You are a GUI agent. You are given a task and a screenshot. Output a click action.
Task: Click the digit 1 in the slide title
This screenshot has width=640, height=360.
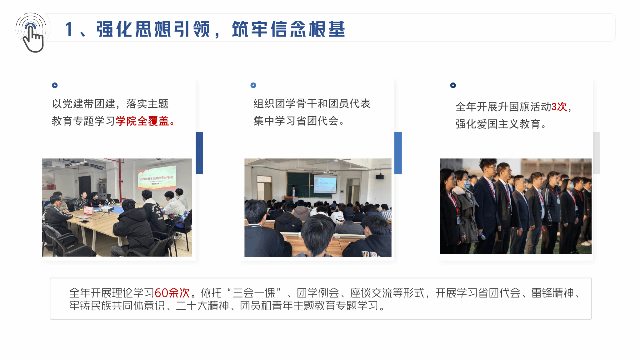[69, 30]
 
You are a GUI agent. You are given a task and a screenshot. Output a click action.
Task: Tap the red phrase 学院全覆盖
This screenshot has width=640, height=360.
[142, 121]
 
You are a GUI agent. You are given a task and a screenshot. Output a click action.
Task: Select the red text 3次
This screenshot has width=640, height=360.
[559, 107]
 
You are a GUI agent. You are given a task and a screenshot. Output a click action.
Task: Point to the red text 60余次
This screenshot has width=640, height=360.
[172, 293]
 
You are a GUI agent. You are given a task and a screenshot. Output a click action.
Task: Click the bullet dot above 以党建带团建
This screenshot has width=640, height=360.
[55, 85]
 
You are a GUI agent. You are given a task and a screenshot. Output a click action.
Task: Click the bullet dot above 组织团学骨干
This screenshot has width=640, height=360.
[253, 85]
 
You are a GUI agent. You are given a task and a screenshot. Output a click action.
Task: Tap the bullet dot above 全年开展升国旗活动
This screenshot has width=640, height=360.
[453, 85]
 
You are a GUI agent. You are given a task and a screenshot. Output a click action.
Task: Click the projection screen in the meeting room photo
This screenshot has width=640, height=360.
[157, 178]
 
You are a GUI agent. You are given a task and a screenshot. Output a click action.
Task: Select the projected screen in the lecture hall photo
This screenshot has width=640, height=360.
[325, 184]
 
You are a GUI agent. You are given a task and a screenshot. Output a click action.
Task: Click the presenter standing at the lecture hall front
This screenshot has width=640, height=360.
[293, 191]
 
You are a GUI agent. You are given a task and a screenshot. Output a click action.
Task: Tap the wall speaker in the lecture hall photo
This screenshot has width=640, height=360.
[380, 177]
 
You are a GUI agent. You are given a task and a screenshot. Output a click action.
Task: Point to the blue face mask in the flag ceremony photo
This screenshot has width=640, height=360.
[466, 184]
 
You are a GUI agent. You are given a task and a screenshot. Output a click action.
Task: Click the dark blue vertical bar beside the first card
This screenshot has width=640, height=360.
[199, 153]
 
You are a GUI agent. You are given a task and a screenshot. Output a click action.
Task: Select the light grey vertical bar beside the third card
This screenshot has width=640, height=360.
[597, 153]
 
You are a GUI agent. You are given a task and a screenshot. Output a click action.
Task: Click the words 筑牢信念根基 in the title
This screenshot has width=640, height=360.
[288, 30]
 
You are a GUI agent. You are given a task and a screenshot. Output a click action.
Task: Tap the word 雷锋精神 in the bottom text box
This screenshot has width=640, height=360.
[553, 293]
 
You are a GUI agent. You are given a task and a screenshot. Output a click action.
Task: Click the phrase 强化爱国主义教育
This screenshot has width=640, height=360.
[498, 124]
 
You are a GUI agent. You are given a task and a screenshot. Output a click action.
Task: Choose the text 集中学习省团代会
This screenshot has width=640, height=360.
[296, 121]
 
